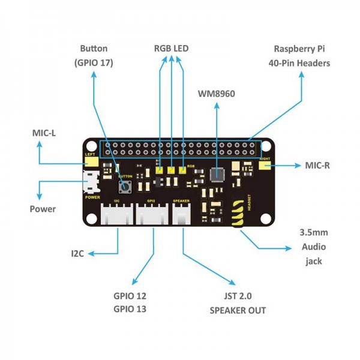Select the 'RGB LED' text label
pyautogui.click(x=172, y=48)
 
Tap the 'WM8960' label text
pyautogui.click(x=216, y=94)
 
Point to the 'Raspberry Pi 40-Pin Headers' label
pyautogui.click(x=302, y=55)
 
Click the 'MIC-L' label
pyautogui.click(x=44, y=133)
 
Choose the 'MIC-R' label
pyautogui.click(x=317, y=164)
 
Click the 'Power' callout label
pyautogui.click(x=43, y=209)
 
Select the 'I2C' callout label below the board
pyautogui.click(x=77, y=254)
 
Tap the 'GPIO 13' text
pyautogui.click(x=130, y=309)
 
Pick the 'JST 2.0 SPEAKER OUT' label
pyautogui.click(x=238, y=303)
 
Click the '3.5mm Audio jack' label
pyautogui.click(x=313, y=246)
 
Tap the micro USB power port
pyautogui.click(x=91, y=181)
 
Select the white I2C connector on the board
pyautogui.click(x=118, y=213)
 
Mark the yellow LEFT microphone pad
pyautogui.click(x=90, y=160)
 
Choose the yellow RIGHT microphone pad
pyautogui.click(x=264, y=163)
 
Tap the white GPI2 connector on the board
pyautogui.click(x=152, y=213)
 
